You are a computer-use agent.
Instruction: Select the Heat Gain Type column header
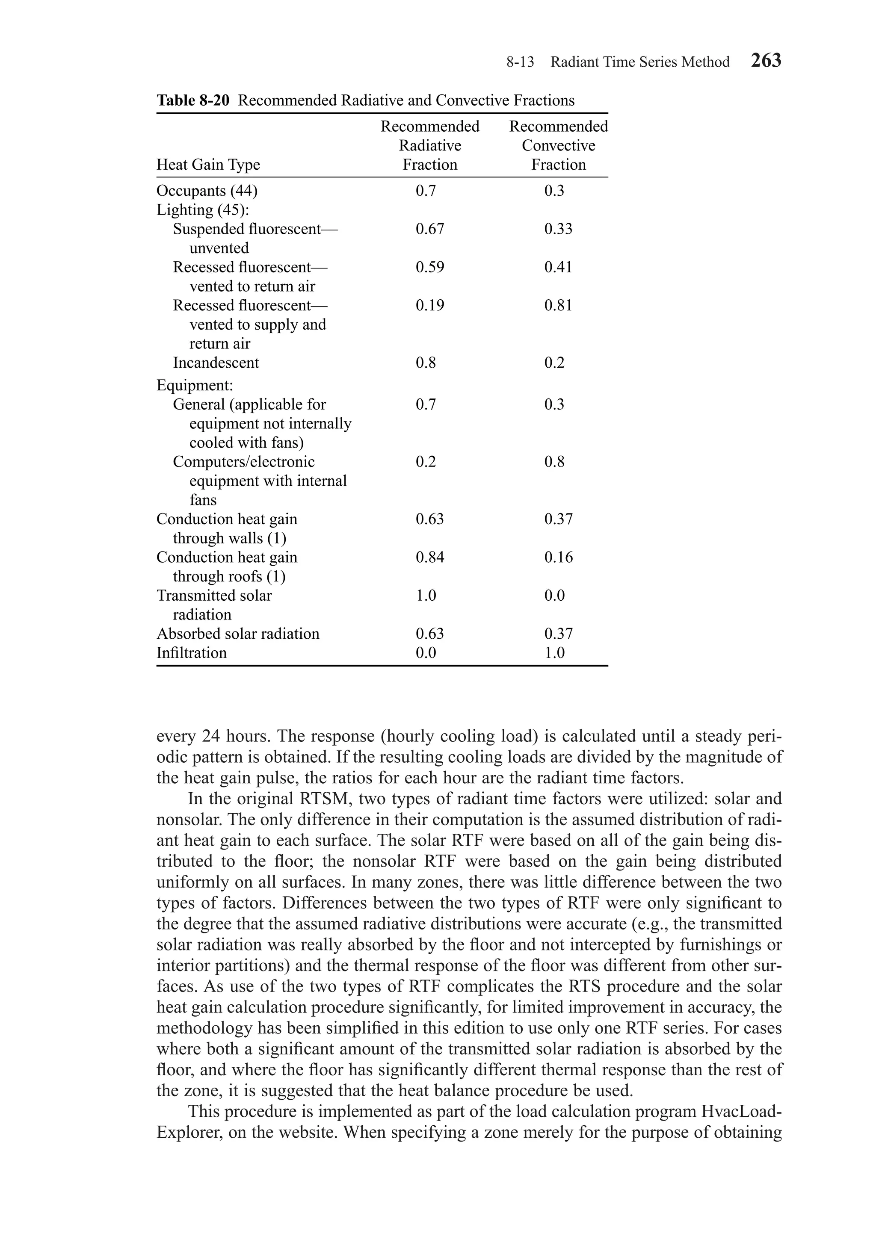point(208,165)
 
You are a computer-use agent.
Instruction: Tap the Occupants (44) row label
point(207,191)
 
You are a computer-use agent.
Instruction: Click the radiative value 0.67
point(429,229)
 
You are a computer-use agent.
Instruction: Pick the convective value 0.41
point(558,267)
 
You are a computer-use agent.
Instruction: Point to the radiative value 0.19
point(429,305)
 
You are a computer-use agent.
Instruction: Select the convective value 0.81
point(558,305)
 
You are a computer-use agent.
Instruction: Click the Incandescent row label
point(216,363)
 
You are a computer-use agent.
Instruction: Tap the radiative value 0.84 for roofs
point(429,558)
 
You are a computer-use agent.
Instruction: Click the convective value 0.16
point(558,558)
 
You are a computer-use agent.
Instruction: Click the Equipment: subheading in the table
point(195,386)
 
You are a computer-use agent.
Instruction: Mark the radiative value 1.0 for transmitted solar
point(426,596)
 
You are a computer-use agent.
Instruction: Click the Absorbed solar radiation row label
point(238,634)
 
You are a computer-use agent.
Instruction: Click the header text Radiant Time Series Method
point(639,62)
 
